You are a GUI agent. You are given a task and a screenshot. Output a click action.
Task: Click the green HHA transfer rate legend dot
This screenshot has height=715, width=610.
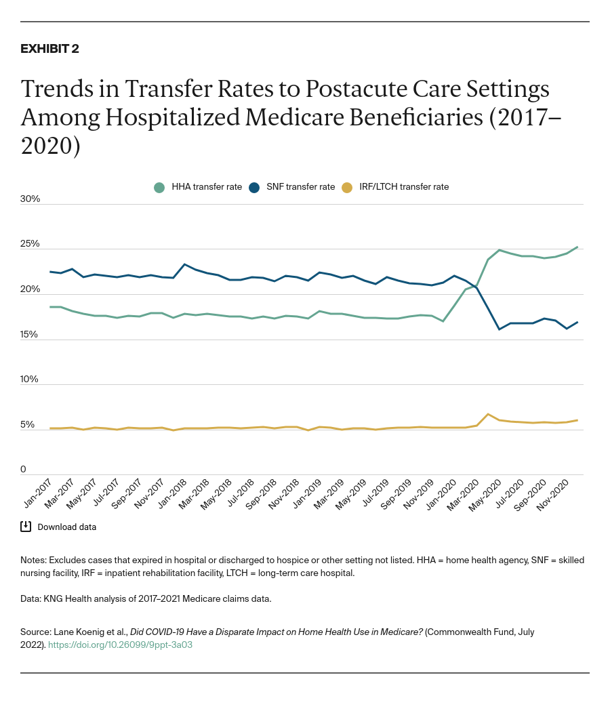click(x=159, y=187)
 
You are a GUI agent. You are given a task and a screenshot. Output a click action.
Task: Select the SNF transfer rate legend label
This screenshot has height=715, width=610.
click(x=300, y=187)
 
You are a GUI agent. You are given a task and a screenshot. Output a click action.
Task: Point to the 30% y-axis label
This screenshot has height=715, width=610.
click(x=30, y=199)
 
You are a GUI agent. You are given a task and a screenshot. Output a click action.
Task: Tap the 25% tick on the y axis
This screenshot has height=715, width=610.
click(x=30, y=244)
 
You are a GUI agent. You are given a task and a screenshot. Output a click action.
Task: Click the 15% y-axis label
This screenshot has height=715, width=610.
click(x=30, y=334)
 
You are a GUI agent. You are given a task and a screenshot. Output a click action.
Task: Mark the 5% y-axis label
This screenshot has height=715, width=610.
click(x=28, y=425)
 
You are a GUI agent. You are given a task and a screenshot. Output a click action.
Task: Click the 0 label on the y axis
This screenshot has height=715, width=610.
click(x=23, y=469)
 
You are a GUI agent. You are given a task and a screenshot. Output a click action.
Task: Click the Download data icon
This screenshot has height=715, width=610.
click(x=26, y=527)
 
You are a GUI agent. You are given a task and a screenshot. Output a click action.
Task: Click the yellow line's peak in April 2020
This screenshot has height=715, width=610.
click(x=488, y=414)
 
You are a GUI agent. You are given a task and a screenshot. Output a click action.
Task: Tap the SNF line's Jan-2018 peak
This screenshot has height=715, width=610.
click(x=185, y=264)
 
